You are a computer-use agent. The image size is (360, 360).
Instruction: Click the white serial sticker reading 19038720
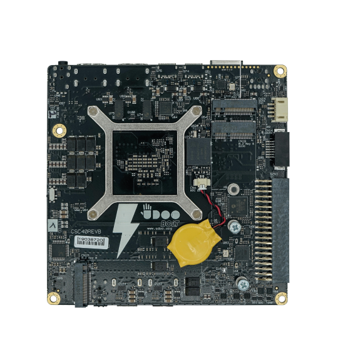(90, 240)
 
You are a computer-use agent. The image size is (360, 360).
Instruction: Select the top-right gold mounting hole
(281, 71)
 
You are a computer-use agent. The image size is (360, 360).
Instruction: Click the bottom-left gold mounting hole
(53, 298)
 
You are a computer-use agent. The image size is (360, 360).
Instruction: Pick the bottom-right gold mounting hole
(281, 298)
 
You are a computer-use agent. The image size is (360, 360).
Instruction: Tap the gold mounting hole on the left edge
(59, 130)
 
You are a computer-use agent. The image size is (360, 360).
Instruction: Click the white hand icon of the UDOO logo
(148, 209)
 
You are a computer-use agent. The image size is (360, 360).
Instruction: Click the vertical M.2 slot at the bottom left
(81, 285)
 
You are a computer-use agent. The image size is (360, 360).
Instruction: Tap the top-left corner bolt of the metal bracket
(92, 112)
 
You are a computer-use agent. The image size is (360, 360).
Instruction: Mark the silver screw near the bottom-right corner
(242, 284)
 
